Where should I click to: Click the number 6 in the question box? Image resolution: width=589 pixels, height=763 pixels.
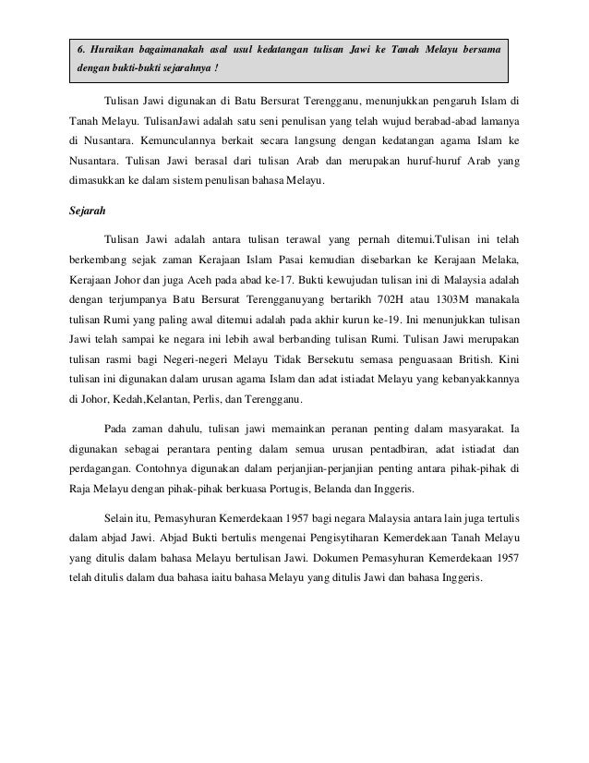point(80,47)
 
